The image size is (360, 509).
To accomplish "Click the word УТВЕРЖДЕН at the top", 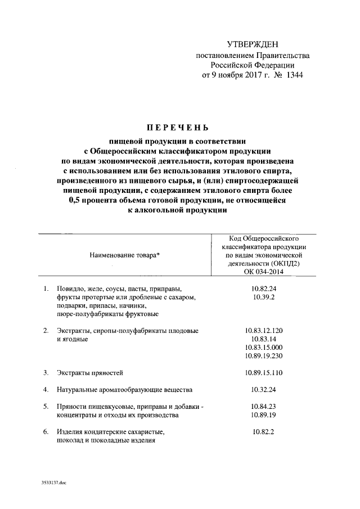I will [253, 44].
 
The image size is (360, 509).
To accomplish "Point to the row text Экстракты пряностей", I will [89, 372].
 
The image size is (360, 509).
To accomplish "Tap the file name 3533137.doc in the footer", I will [53, 483].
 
